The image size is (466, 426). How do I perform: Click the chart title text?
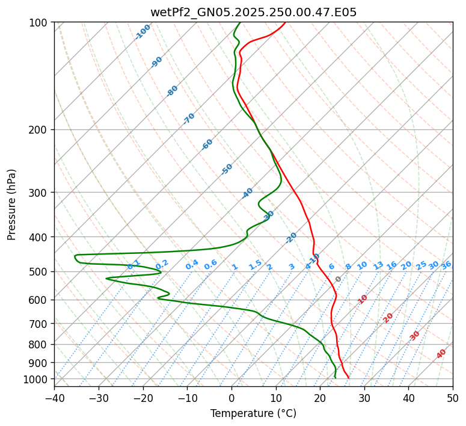(253, 13)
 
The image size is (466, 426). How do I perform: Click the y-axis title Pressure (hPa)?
(12, 204)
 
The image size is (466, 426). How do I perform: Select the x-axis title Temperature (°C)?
(253, 413)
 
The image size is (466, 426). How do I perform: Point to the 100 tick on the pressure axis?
(38, 23)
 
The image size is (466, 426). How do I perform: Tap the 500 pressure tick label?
(38, 272)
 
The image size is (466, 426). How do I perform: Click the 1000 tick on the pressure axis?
(35, 379)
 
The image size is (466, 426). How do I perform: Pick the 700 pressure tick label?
(38, 324)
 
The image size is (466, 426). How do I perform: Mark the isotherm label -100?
(143, 32)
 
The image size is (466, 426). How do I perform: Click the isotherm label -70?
(189, 118)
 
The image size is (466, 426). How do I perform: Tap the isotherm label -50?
(227, 168)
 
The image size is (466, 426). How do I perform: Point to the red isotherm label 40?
(441, 354)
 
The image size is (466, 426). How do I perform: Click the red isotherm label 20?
(388, 317)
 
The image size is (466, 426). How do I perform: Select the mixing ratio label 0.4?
(192, 265)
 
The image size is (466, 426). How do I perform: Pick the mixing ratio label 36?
(446, 265)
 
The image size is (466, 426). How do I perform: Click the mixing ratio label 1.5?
(255, 265)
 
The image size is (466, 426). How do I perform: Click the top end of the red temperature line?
(285, 23)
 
